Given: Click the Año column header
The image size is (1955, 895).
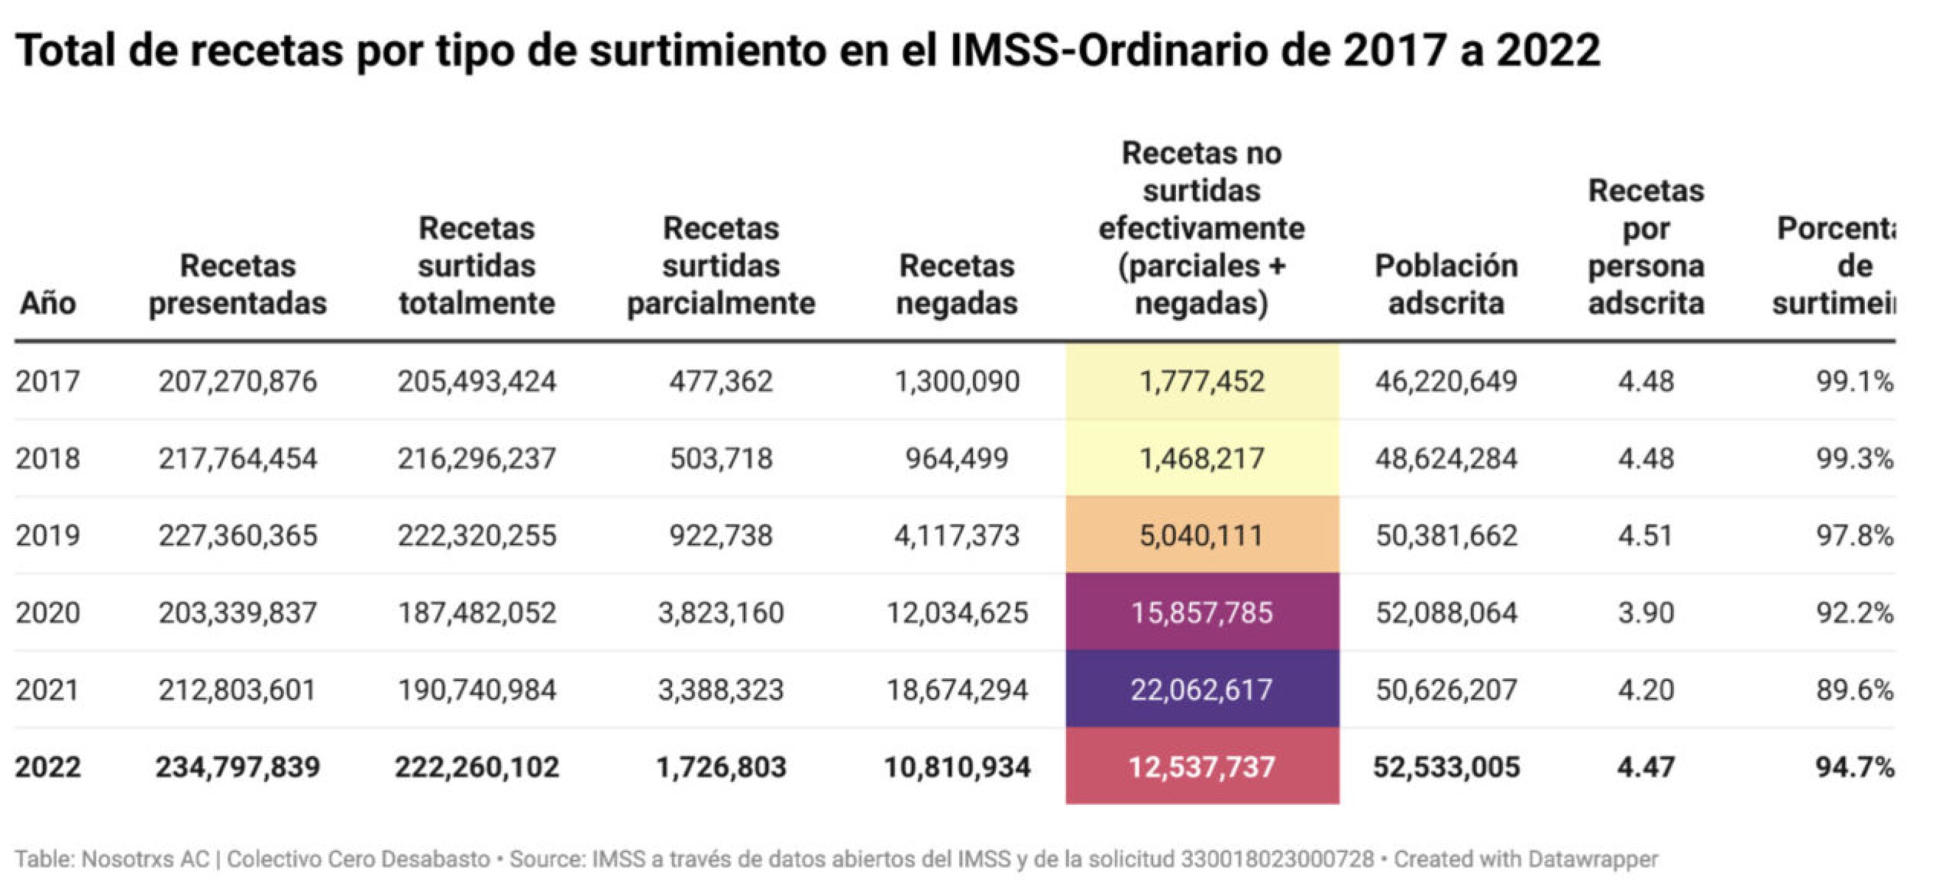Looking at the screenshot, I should (47, 303).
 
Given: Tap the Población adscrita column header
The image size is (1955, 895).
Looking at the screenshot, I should (1446, 284).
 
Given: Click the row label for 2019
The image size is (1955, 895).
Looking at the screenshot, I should (47, 535).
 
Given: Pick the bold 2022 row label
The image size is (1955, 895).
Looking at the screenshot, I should (47, 767).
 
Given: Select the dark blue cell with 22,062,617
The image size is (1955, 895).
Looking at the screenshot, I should (1202, 689).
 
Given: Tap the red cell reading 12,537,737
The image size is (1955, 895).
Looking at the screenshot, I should (1202, 767).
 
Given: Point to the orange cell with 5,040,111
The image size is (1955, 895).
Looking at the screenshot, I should (1202, 535).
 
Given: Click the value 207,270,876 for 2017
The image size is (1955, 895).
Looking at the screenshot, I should (237, 381).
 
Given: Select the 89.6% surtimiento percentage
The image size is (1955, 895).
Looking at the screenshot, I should (1854, 689).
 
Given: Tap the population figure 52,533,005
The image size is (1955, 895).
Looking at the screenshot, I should (1446, 767).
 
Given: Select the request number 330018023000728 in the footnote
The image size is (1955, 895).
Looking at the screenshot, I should (1277, 860).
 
